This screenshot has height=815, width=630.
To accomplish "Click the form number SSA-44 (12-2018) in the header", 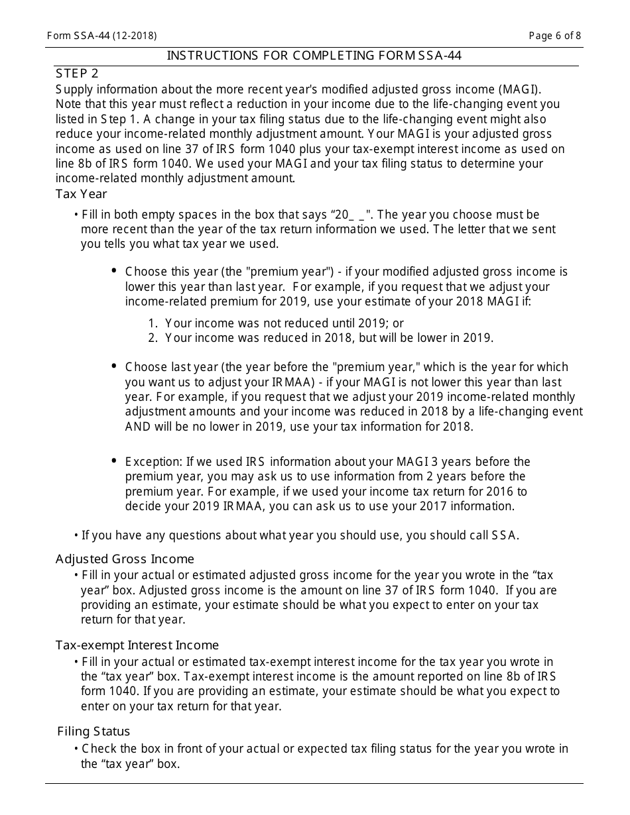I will (x=102, y=36).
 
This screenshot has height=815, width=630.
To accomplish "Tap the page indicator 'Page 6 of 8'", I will (x=555, y=36).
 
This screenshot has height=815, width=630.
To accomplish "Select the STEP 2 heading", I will (x=77, y=73).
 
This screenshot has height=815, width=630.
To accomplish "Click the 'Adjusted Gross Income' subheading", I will (x=125, y=559).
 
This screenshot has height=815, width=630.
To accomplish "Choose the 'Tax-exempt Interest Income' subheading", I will (x=137, y=645).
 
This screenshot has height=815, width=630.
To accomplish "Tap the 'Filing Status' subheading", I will (x=94, y=732).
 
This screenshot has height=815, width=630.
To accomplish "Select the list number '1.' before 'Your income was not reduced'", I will (x=153, y=323).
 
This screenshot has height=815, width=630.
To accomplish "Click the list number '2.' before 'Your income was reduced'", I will (x=153, y=338).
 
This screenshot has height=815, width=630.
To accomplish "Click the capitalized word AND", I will (x=139, y=427).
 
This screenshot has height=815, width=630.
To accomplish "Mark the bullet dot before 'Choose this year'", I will (x=113, y=271).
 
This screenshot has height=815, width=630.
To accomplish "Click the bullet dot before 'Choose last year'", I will (x=113, y=366).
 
